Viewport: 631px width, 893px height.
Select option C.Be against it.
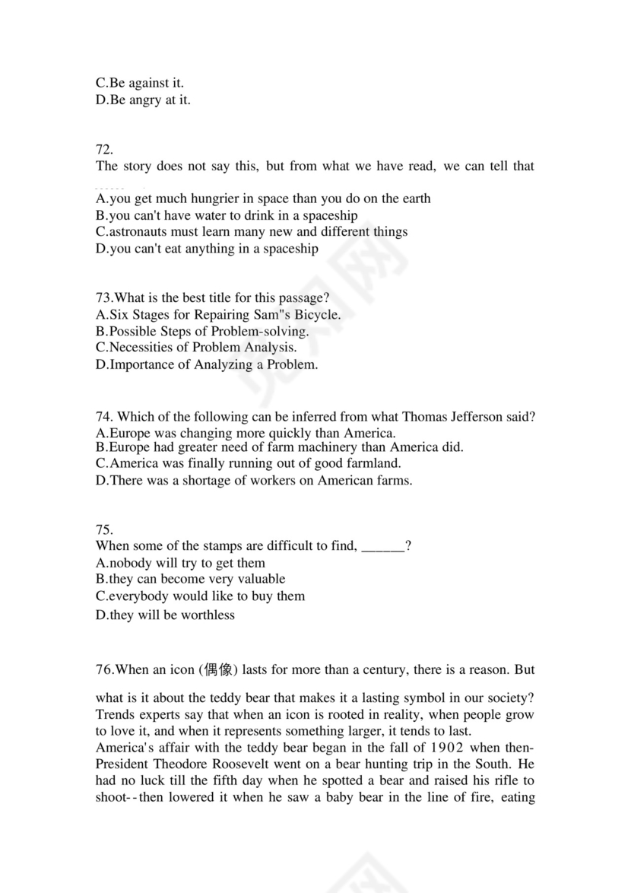140,83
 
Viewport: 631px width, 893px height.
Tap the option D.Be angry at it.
143,100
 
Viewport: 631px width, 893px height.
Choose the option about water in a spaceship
227,215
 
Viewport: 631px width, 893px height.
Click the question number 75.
104,529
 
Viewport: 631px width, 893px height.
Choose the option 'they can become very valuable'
190,580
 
